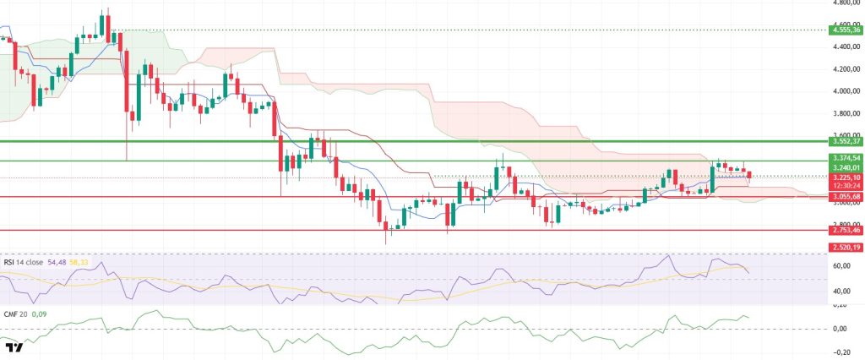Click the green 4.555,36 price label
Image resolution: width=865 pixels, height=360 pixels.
click(845, 30)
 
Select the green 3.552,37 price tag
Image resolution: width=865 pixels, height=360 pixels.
click(845, 141)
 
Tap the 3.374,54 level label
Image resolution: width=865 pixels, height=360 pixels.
click(845, 157)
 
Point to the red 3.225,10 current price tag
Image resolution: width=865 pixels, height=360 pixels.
click(845, 177)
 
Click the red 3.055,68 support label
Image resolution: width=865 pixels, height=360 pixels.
click(845, 196)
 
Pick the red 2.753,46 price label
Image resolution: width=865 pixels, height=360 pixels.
click(845, 230)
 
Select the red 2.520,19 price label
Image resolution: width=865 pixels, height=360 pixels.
click(845, 247)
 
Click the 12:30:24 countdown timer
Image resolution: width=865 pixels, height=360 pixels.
click(845, 186)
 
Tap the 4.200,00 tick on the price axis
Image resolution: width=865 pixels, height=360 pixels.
click(845, 69)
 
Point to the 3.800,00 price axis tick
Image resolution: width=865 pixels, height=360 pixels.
click(845, 113)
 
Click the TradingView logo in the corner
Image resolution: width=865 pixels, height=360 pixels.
click(14, 347)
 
